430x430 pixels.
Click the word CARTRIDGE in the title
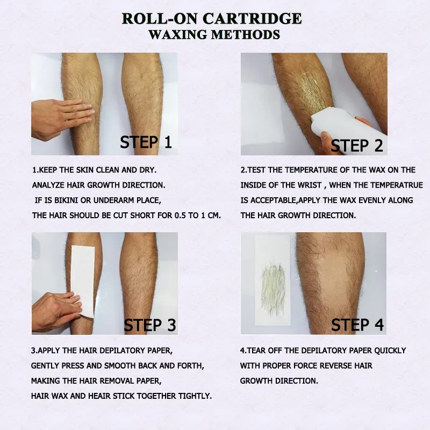252,19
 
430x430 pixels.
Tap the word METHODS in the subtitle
246,35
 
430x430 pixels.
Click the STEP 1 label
146,142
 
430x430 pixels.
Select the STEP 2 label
357,146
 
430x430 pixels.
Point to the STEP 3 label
150,325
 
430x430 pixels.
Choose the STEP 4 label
357,325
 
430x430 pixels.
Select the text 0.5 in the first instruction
180,216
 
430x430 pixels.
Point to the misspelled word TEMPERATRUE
395,185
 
